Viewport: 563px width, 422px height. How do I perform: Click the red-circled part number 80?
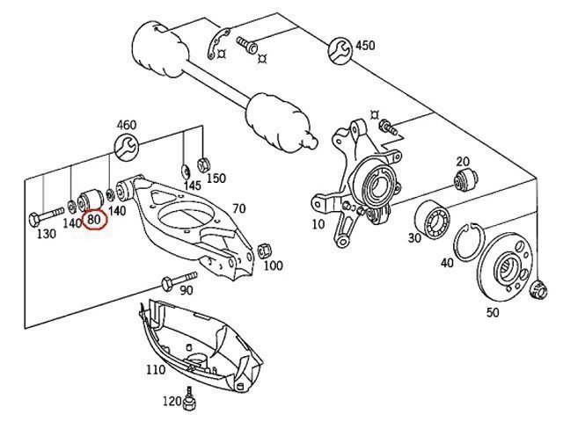[x=94, y=218]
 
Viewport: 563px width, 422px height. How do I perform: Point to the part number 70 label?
[x=238, y=209]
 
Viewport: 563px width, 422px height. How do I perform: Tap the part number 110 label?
[x=155, y=369]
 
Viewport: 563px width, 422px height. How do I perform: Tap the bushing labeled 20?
[x=464, y=183]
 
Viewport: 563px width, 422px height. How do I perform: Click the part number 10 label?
[x=318, y=224]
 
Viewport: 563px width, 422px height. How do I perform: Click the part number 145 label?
[x=193, y=186]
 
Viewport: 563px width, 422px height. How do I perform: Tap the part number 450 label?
[x=363, y=46]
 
